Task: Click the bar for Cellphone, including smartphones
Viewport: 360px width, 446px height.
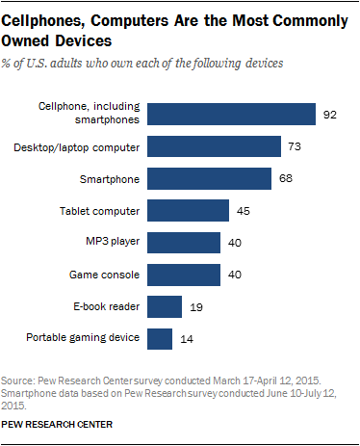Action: point(233,116)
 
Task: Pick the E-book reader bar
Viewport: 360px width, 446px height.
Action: point(166,306)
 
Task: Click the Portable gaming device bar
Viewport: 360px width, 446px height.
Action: point(161,338)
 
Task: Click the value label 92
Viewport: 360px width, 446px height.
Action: point(330,116)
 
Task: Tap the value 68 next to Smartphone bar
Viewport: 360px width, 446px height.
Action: point(284,179)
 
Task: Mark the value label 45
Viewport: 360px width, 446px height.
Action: point(242,211)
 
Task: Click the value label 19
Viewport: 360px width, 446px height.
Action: point(195,306)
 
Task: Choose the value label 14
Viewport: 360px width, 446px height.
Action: point(186,338)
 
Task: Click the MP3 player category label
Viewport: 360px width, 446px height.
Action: point(115,243)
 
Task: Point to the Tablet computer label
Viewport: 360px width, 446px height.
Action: point(103,211)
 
